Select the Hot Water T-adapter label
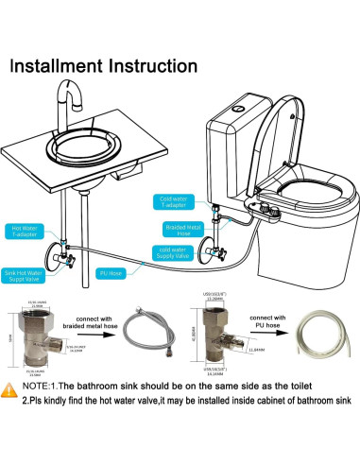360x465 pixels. coord(25,231)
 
